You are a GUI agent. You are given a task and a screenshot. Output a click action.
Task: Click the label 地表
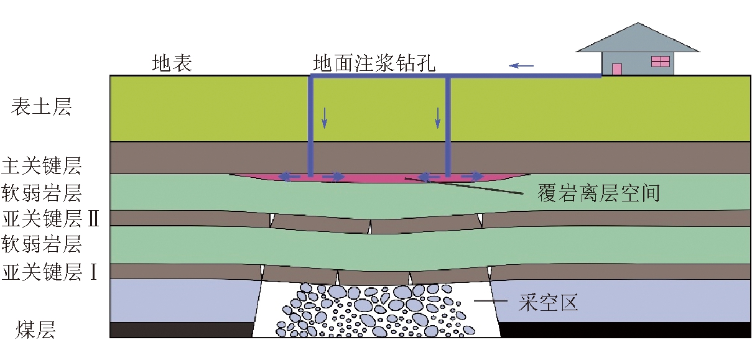(x=172, y=63)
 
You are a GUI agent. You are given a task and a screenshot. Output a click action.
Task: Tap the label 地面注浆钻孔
(x=375, y=63)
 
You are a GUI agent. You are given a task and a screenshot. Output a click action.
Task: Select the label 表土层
(x=42, y=107)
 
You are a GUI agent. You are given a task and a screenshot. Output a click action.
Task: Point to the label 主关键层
(x=42, y=167)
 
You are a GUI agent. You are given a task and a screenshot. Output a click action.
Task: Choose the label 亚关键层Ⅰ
(x=50, y=272)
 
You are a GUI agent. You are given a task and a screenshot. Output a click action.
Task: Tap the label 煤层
(x=36, y=330)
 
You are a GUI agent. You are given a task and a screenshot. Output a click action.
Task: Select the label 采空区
(x=548, y=303)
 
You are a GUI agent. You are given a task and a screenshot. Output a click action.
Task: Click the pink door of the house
(x=617, y=69)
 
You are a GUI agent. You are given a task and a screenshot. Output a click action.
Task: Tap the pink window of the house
(x=660, y=61)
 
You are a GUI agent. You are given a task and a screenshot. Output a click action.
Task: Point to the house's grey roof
(x=638, y=39)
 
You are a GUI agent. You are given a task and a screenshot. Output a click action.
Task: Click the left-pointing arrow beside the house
(x=522, y=64)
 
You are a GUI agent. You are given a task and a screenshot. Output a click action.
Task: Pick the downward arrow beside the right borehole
(x=438, y=118)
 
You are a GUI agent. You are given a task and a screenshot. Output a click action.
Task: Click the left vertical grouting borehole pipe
(x=310, y=124)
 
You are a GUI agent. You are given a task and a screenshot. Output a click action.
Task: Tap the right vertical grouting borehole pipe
(x=448, y=124)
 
